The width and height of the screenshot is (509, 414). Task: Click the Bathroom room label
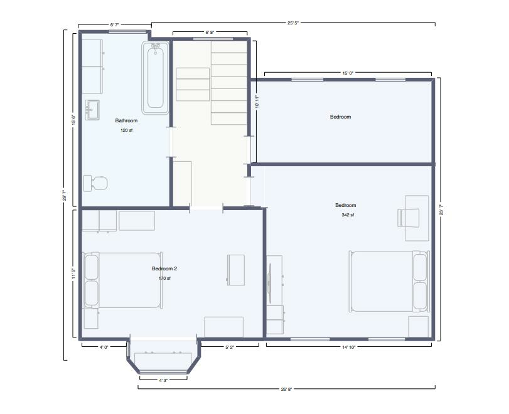point(126,120)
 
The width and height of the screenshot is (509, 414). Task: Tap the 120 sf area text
point(126,130)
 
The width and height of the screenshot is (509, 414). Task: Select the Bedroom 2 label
point(164,268)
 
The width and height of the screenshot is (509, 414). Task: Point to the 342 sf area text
point(348,215)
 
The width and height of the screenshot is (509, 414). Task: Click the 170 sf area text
point(164,279)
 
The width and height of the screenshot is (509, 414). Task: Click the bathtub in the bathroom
point(155,78)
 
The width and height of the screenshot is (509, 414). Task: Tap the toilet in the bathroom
point(95,183)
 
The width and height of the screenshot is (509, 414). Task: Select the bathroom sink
point(92,110)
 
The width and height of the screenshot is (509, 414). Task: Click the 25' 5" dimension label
point(293,23)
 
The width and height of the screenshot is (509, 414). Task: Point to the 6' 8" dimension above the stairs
point(210,32)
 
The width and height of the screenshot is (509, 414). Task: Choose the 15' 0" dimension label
point(348,73)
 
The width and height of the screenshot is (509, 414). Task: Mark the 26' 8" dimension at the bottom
point(286,389)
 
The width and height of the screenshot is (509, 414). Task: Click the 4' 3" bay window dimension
point(163,380)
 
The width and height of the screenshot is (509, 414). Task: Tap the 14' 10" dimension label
point(348,347)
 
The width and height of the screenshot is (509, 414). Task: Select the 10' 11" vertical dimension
point(257,102)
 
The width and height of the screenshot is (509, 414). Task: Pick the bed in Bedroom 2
point(123,280)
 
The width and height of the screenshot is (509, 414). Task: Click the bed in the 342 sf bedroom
point(389,281)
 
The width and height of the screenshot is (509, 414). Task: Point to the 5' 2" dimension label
point(230,347)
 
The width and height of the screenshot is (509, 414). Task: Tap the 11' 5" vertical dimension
point(73,273)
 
